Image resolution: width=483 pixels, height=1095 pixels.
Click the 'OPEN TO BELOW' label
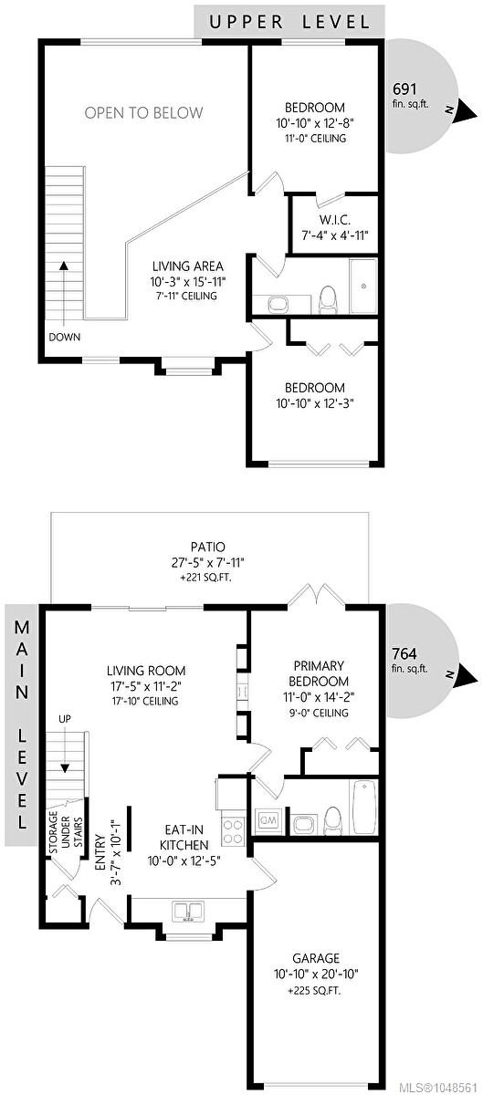(x=143, y=113)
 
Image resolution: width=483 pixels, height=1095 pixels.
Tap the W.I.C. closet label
(x=334, y=220)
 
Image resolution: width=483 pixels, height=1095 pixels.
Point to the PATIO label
(x=208, y=547)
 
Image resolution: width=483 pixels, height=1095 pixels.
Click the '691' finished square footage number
(x=404, y=89)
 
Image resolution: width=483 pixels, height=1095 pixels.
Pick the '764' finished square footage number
(x=404, y=653)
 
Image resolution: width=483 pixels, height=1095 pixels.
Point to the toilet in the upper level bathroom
(x=328, y=298)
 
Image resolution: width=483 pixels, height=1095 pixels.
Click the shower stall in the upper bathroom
(x=363, y=286)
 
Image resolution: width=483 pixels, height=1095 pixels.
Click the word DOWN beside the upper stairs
(x=65, y=337)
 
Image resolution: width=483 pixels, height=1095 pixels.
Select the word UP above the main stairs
(x=65, y=719)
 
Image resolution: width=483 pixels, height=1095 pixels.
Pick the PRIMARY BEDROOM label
(x=319, y=673)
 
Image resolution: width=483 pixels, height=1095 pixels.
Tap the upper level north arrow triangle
(x=466, y=112)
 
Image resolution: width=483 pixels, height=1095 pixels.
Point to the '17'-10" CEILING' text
(x=145, y=701)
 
